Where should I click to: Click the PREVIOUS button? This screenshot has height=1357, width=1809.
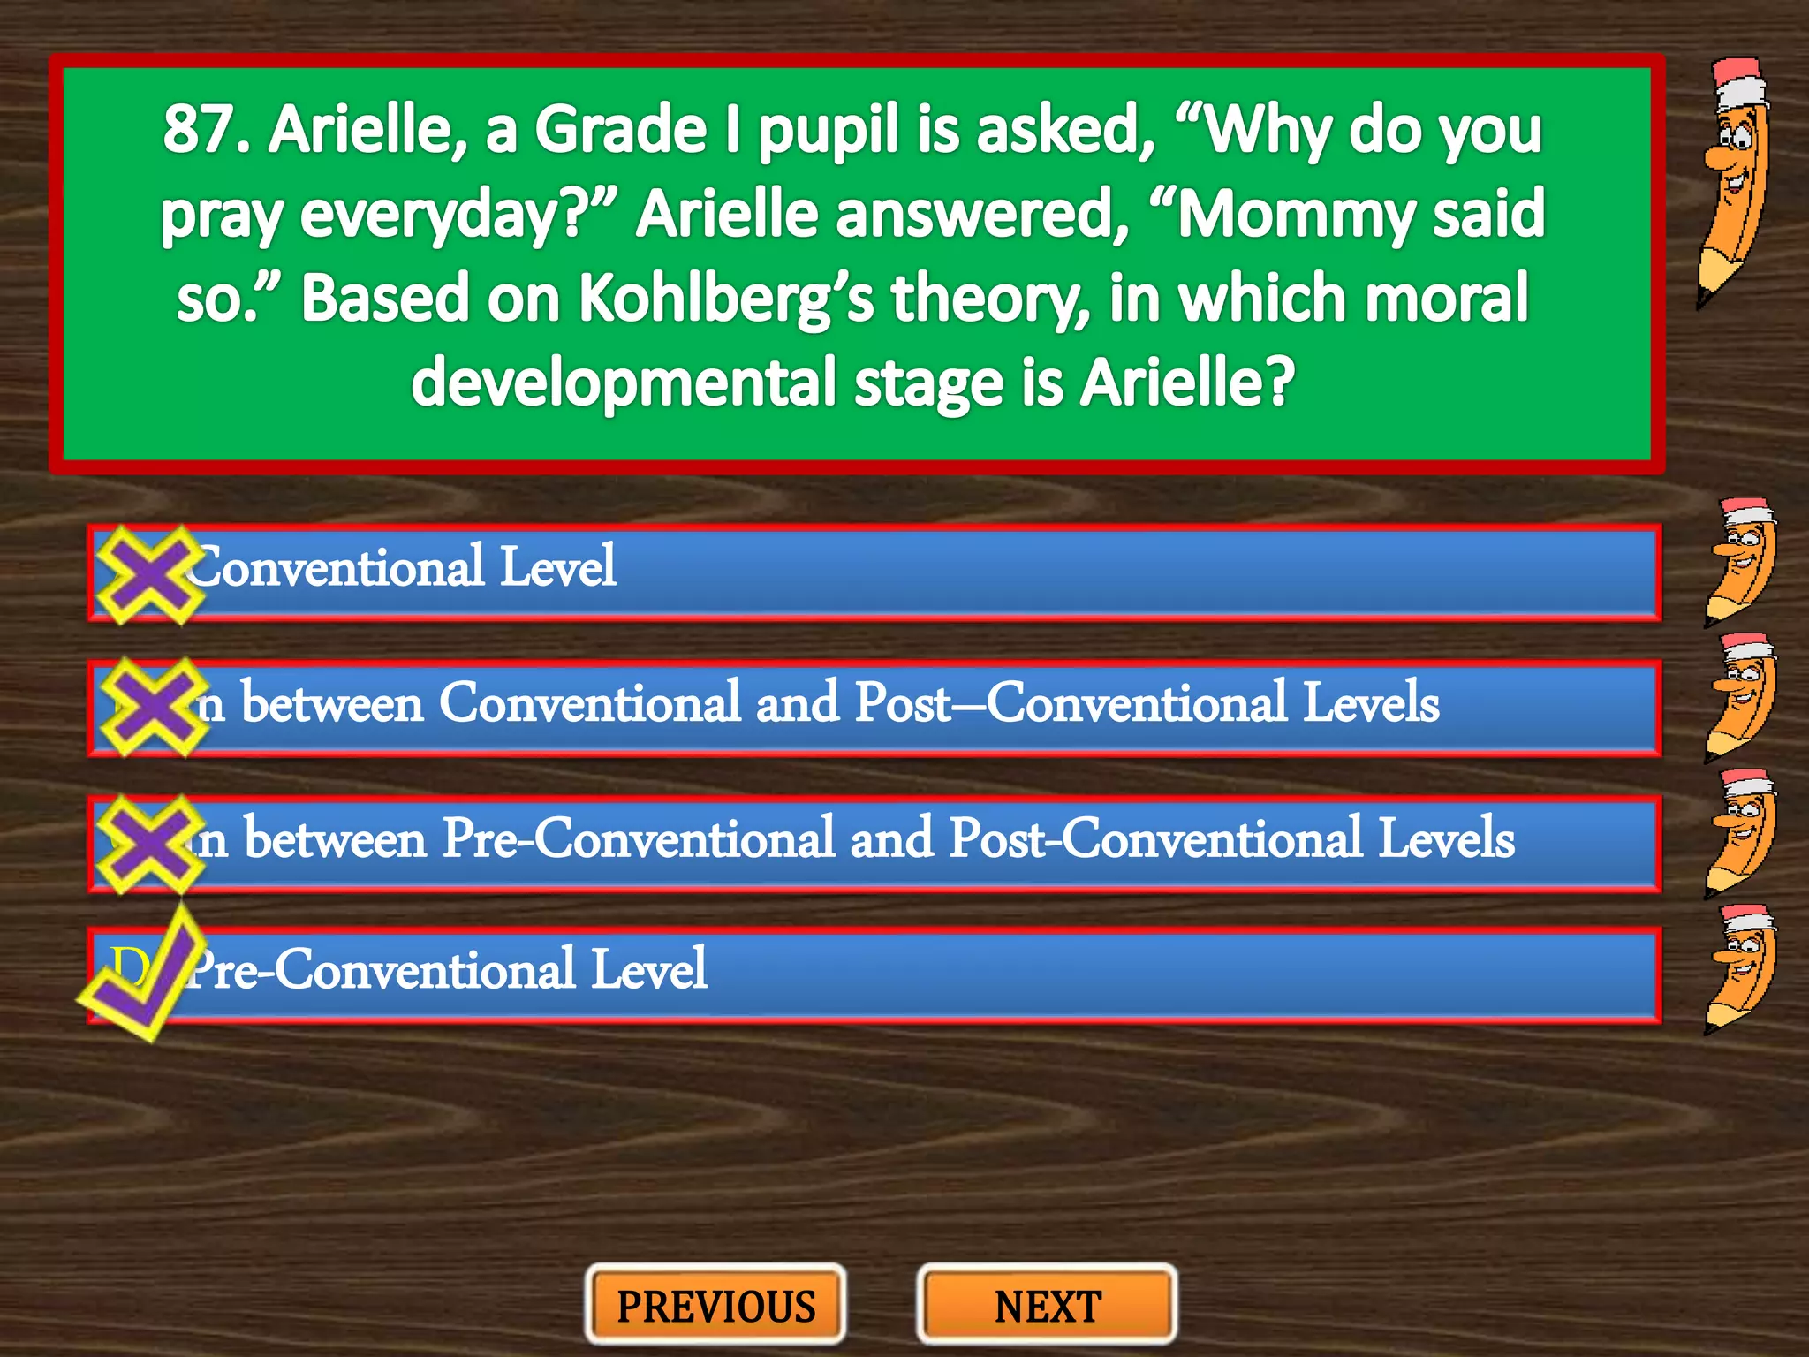click(x=715, y=1306)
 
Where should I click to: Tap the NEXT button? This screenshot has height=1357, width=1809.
click(x=1048, y=1306)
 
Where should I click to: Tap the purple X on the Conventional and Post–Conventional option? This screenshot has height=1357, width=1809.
click(x=152, y=707)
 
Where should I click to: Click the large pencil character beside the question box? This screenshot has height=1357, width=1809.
click(x=1735, y=181)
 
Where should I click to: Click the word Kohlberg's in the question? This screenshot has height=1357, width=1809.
click(x=725, y=299)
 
